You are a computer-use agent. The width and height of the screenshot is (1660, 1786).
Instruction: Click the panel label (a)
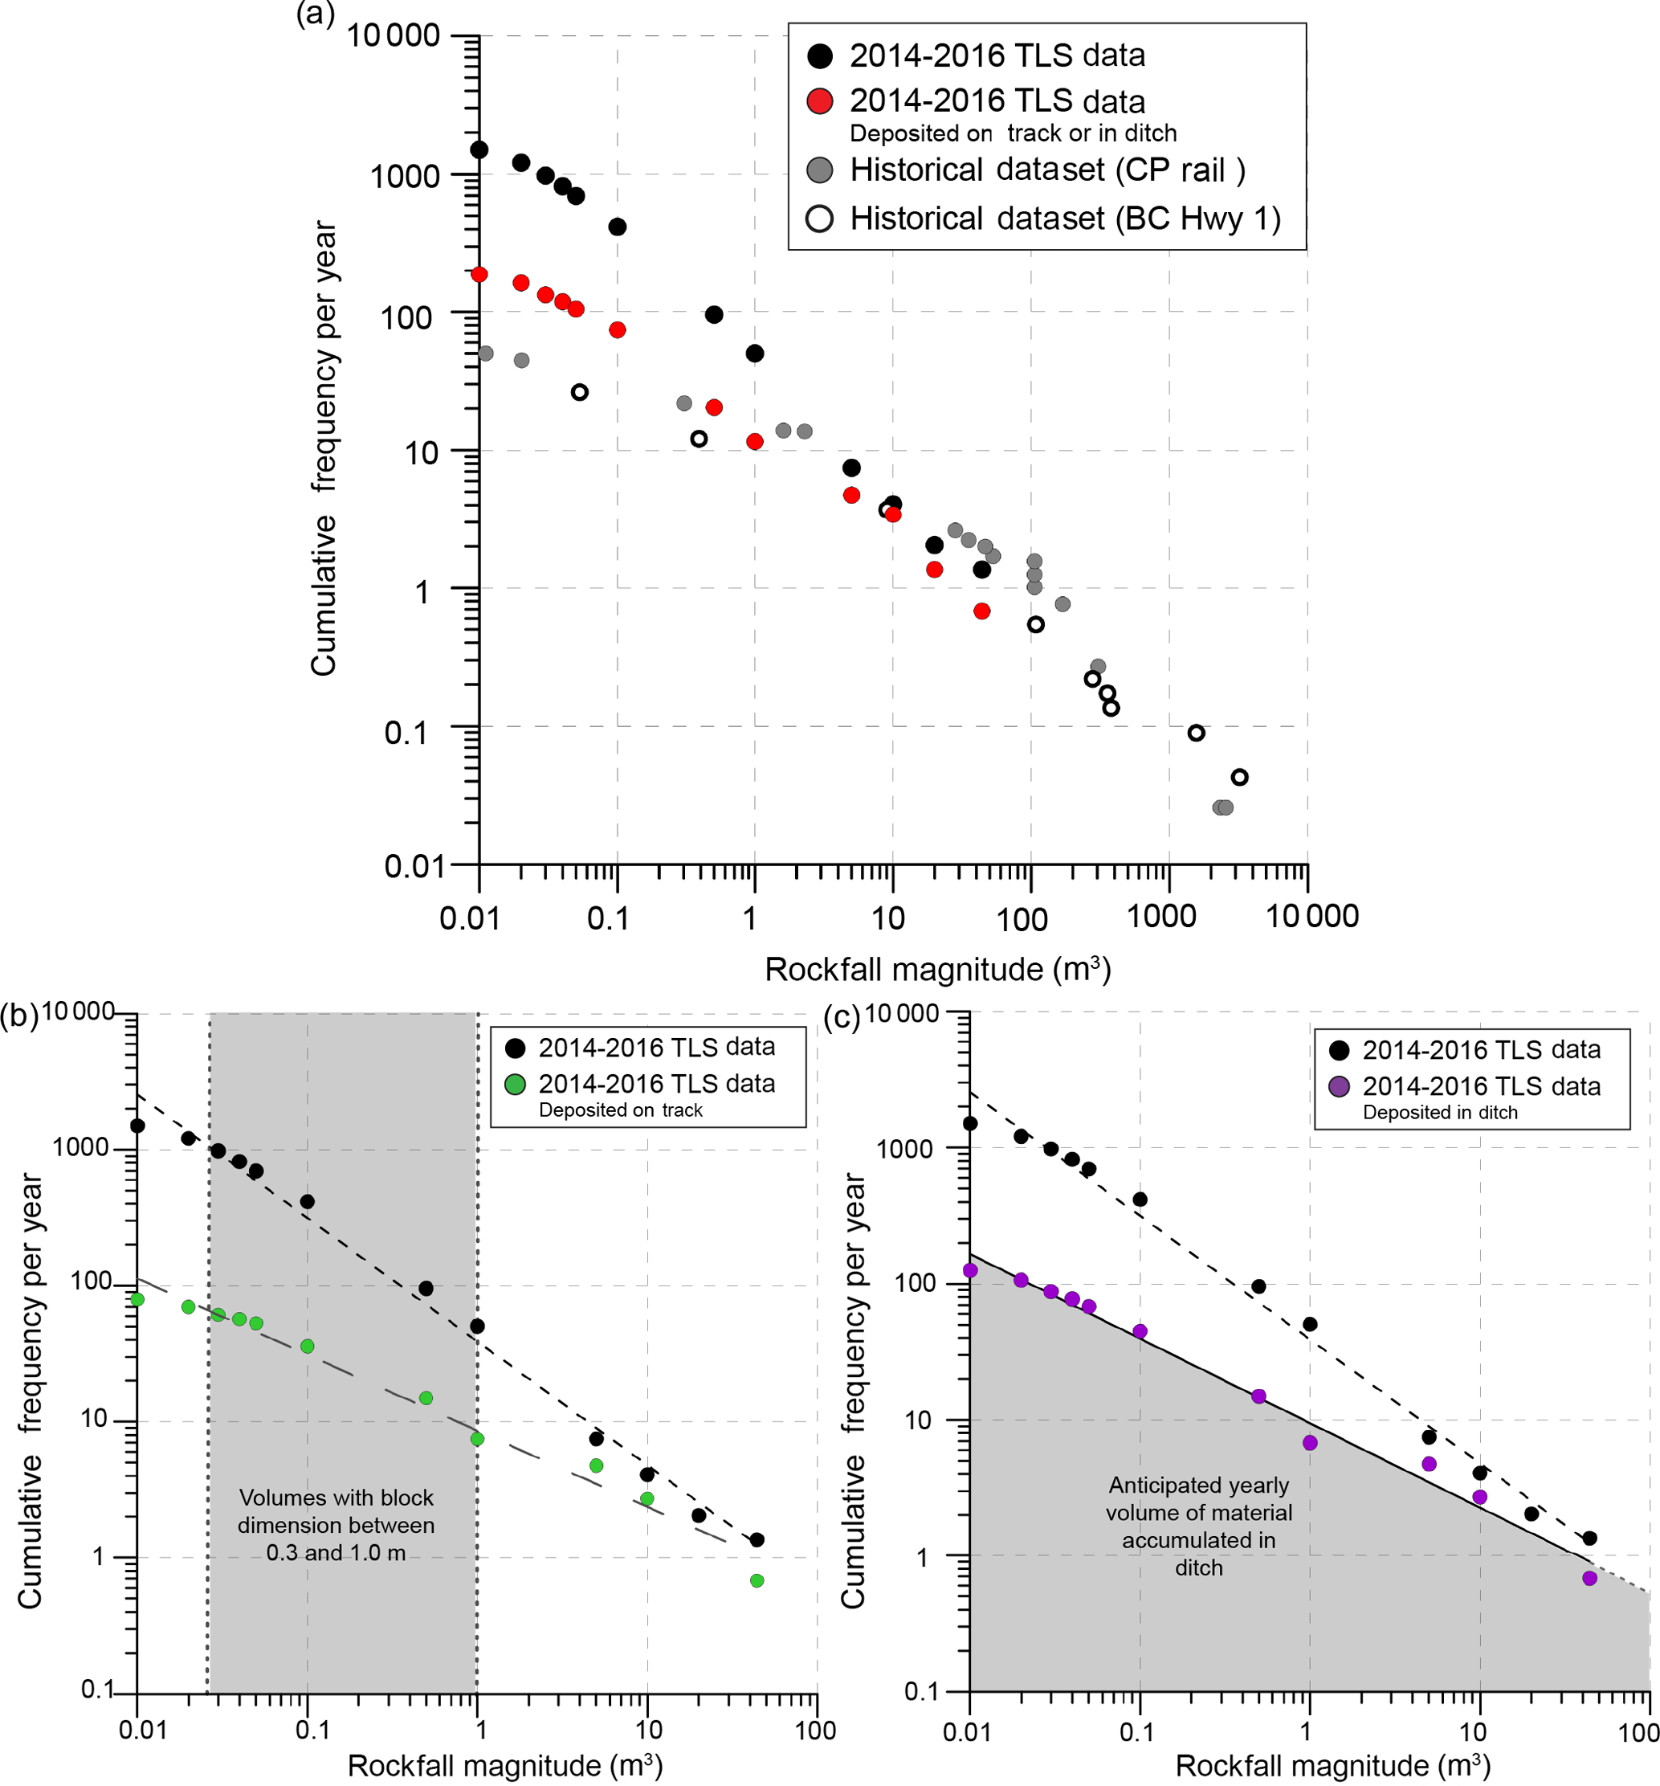(316, 14)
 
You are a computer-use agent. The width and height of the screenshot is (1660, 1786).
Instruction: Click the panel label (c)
(842, 1017)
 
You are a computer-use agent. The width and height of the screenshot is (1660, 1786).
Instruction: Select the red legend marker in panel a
(820, 100)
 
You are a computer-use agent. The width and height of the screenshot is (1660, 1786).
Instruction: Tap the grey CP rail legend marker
(820, 170)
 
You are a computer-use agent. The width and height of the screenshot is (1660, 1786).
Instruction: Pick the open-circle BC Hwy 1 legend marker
(820, 219)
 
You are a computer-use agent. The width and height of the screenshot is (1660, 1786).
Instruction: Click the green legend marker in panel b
(515, 1085)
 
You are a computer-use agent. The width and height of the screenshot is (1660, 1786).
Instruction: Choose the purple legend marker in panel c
(1340, 1087)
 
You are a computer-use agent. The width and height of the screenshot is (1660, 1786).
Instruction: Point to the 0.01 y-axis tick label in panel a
(415, 866)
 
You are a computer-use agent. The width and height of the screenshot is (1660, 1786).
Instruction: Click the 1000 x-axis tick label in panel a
(1161, 917)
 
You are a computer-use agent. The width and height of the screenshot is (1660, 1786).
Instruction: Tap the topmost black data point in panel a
(479, 149)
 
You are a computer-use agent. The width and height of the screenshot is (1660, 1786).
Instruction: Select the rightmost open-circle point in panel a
(1240, 777)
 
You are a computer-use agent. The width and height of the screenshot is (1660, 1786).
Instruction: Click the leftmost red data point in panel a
(479, 274)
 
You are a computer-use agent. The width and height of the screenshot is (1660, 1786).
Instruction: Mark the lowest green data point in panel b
(757, 1580)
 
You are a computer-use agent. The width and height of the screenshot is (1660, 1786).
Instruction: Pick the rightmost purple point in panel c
(1590, 1579)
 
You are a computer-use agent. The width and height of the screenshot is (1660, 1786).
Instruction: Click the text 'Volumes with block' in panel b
(336, 1498)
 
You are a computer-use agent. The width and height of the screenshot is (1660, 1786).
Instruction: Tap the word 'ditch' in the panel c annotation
(1198, 1567)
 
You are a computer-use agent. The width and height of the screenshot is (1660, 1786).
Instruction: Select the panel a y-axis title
(324, 449)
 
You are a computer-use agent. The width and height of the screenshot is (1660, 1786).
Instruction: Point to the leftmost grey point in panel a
(486, 353)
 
